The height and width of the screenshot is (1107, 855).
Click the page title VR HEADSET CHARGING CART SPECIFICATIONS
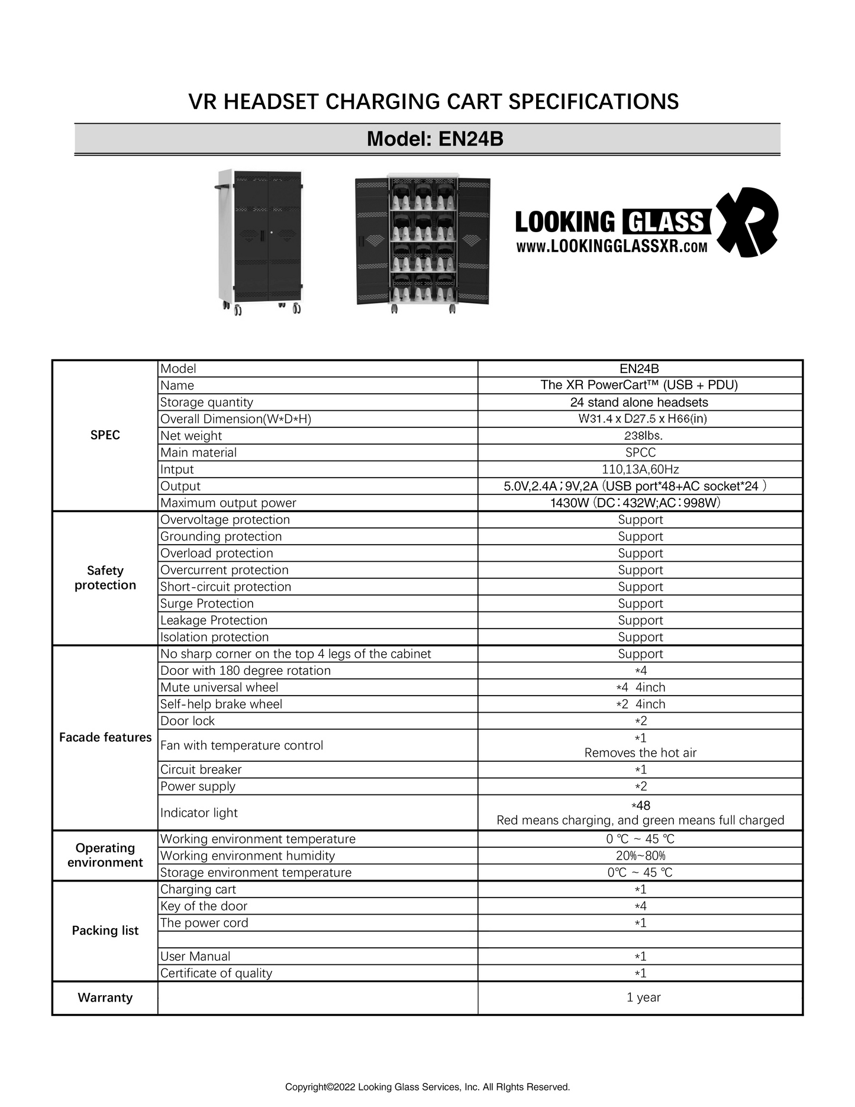click(433, 102)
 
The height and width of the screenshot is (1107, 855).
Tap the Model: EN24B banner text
click(435, 139)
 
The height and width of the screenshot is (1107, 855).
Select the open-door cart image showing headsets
click(422, 242)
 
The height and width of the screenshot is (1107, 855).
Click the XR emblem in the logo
click(747, 222)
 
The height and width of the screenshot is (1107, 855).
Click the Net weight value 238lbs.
click(640, 436)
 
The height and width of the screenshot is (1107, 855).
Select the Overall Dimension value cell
click(640, 419)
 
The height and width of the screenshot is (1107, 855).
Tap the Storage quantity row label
click(207, 403)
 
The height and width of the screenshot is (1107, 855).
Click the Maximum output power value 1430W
click(635, 503)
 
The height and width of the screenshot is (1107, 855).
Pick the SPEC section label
click(105, 435)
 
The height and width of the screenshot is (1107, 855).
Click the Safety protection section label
click(105, 578)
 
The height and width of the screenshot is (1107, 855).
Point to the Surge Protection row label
click(207, 604)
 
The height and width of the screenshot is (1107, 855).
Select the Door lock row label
click(188, 721)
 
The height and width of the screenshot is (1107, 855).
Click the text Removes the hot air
click(640, 753)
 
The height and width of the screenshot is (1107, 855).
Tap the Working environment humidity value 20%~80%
click(640, 856)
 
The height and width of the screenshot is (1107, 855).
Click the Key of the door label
click(204, 906)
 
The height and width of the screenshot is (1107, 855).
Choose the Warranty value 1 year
click(643, 997)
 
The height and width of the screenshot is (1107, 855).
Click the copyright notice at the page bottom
click(427, 1087)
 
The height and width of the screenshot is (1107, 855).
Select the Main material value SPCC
click(640, 453)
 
